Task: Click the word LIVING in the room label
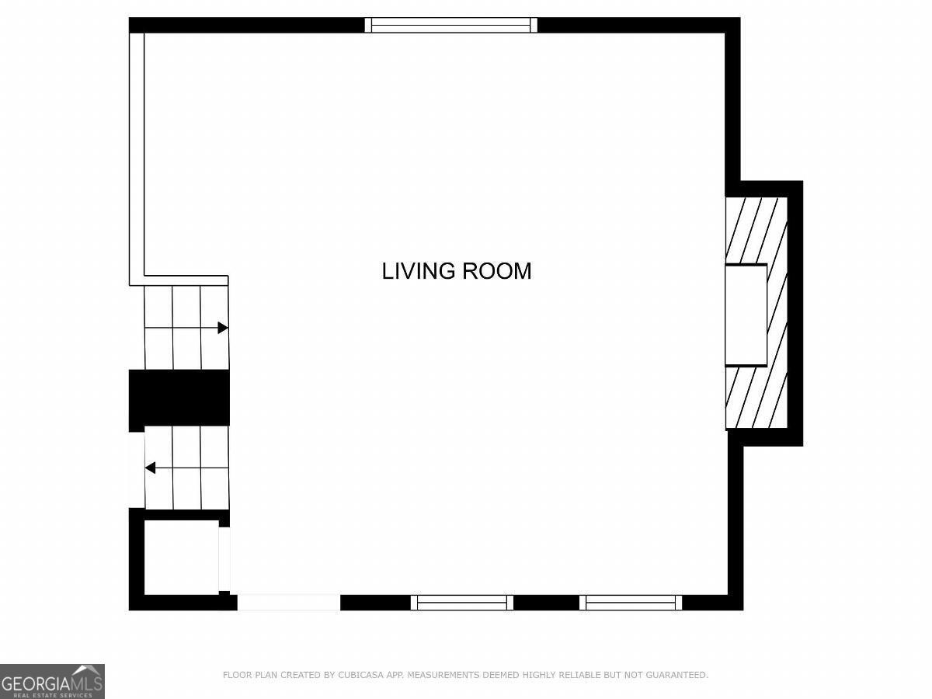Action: tap(418, 271)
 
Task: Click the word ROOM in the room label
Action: tap(497, 271)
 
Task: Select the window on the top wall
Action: tap(451, 25)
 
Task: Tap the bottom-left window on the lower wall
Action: tap(462, 603)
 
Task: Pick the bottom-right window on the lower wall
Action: tap(631, 603)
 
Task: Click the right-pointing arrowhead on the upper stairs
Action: tap(223, 328)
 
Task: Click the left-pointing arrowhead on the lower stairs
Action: tap(150, 468)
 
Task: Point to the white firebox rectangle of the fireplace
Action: tap(746, 315)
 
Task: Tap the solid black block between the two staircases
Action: tap(179, 398)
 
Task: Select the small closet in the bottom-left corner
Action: tap(182, 557)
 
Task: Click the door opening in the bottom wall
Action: tap(289, 603)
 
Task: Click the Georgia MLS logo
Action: tap(52, 681)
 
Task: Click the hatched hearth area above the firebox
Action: tap(756, 231)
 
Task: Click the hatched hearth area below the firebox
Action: tap(756, 397)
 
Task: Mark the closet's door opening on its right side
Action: tap(224, 559)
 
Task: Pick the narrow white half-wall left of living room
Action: tap(137, 159)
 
